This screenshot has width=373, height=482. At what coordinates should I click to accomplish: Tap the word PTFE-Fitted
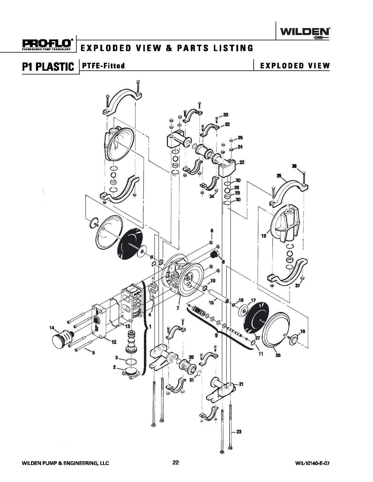pos(103,66)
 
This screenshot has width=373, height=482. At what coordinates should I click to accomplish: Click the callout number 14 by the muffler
pos(52,328)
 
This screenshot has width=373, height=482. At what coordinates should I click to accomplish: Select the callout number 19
pos(264,236)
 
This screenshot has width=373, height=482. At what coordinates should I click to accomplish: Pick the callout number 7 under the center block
pos(178,308)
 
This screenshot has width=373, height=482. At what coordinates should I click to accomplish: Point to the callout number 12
pos(114,342)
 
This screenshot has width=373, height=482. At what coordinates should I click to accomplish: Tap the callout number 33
pos(226,115)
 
